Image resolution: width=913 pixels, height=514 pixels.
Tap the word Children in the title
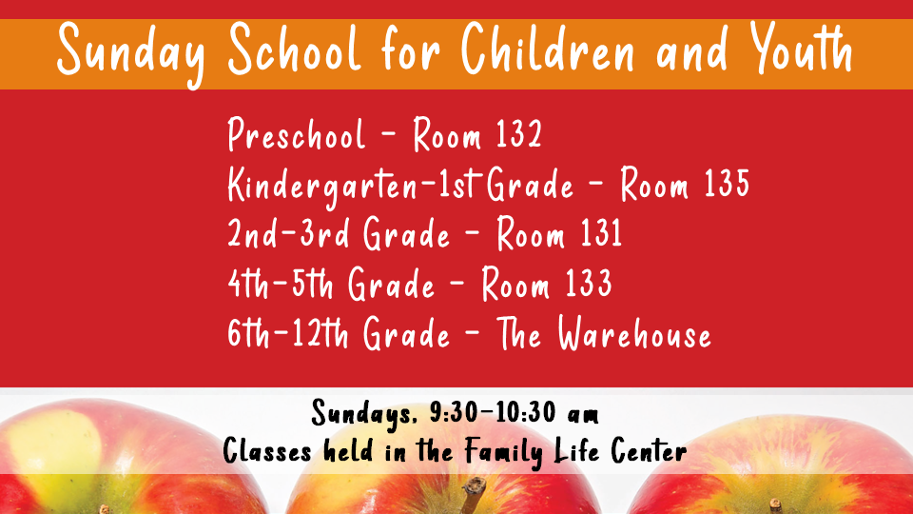[548, 49]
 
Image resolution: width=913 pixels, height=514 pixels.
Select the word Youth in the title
[802, 48]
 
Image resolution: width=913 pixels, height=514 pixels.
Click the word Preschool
[297, 134]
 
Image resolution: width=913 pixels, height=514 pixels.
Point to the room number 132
[519, 133]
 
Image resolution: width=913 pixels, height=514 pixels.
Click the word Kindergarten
[322, 187]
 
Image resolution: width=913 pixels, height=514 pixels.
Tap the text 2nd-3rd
[288, 232]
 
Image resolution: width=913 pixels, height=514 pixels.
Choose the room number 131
[601, 232]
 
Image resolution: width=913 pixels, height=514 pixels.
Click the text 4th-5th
[280, 283]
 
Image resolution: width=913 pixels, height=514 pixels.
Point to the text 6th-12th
[288, 333]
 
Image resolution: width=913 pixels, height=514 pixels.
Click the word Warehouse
[634, 333]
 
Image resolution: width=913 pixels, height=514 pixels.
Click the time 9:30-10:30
[493, 412]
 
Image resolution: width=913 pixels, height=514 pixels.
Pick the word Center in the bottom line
[649, 450]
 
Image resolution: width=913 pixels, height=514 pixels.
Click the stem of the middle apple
[474, 494]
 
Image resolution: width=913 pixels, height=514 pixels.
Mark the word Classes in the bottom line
[267, 450]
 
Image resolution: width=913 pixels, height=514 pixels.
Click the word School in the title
[295, 50]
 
